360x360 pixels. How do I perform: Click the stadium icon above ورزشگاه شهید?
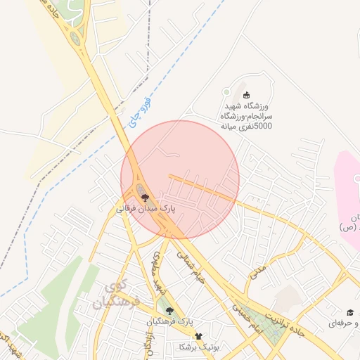pyautogui.click(x=246, y=95)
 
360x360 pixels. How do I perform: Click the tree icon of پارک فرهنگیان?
pyautogui.click(x=168, y=310)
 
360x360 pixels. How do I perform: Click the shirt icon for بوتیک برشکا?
pyautogui.click(x=198, y=337)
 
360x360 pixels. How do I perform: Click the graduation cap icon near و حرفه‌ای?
pyautogui.click(x=349, y=312)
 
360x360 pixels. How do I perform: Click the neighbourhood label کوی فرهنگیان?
pyautogui.click(x=115, y=295)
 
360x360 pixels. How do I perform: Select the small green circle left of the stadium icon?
pyautogui.click(x=226, y=93)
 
